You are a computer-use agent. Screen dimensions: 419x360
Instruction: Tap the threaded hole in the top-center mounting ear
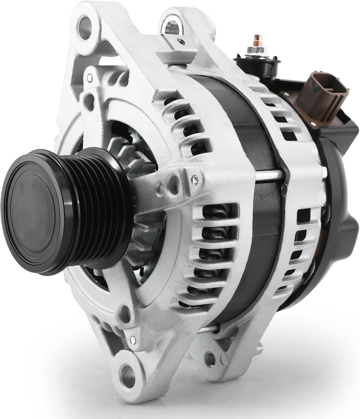point(171,26)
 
